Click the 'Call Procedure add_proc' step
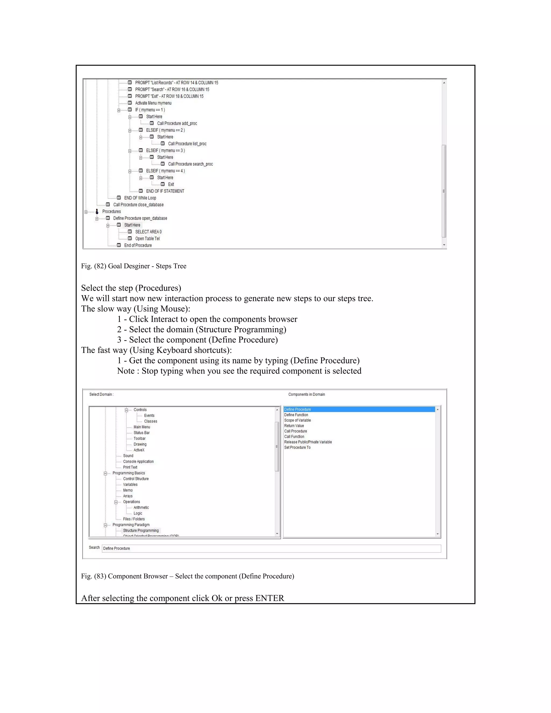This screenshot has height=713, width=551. click(x=177, y=123)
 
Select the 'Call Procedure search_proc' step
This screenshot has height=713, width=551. click(x=190, y=164)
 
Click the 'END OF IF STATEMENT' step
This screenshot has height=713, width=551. click(x=165, y=191)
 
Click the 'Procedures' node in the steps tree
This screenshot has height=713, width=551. click(x=111, y=211)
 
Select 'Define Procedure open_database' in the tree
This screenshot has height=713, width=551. click(x=140, y=218)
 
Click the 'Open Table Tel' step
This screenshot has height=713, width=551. click(x=147, y=239)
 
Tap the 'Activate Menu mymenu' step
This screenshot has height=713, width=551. click(x=153, y=103)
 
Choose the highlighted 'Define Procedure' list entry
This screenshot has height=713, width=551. click(x=297, y=410)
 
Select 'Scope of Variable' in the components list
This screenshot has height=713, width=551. click(x=297, y=421)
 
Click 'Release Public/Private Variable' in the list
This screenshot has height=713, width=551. click(x=308, y=442)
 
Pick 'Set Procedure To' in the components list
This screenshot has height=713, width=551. click(x=297, y=448)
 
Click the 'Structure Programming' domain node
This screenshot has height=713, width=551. click(x=141, y=531)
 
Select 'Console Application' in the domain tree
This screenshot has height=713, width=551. click(x=138, y=462)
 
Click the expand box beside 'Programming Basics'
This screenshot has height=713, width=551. click(x=105, y=473)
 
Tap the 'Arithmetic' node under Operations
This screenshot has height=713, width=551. click(x=141, y=508)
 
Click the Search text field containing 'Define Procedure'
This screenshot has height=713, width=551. click(x=271, y=548)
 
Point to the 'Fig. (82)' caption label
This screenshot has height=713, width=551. click(x=93, y=266)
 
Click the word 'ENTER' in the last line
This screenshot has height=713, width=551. click(x=270, y=598)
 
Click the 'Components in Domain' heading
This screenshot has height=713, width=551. click(x=306, y=395)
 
